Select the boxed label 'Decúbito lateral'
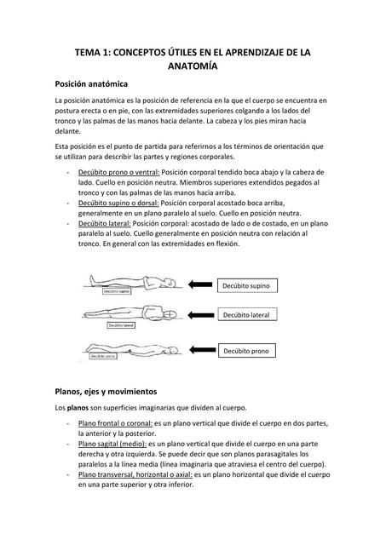pos(246,316)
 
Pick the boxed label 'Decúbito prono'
pos(246,351)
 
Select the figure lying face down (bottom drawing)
pos(128,348)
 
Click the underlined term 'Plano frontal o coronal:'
pos(115,422)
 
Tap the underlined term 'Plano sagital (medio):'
pos(112,444)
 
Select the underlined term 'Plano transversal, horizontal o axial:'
pos(140,475)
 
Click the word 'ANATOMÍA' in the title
pos(193,66)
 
